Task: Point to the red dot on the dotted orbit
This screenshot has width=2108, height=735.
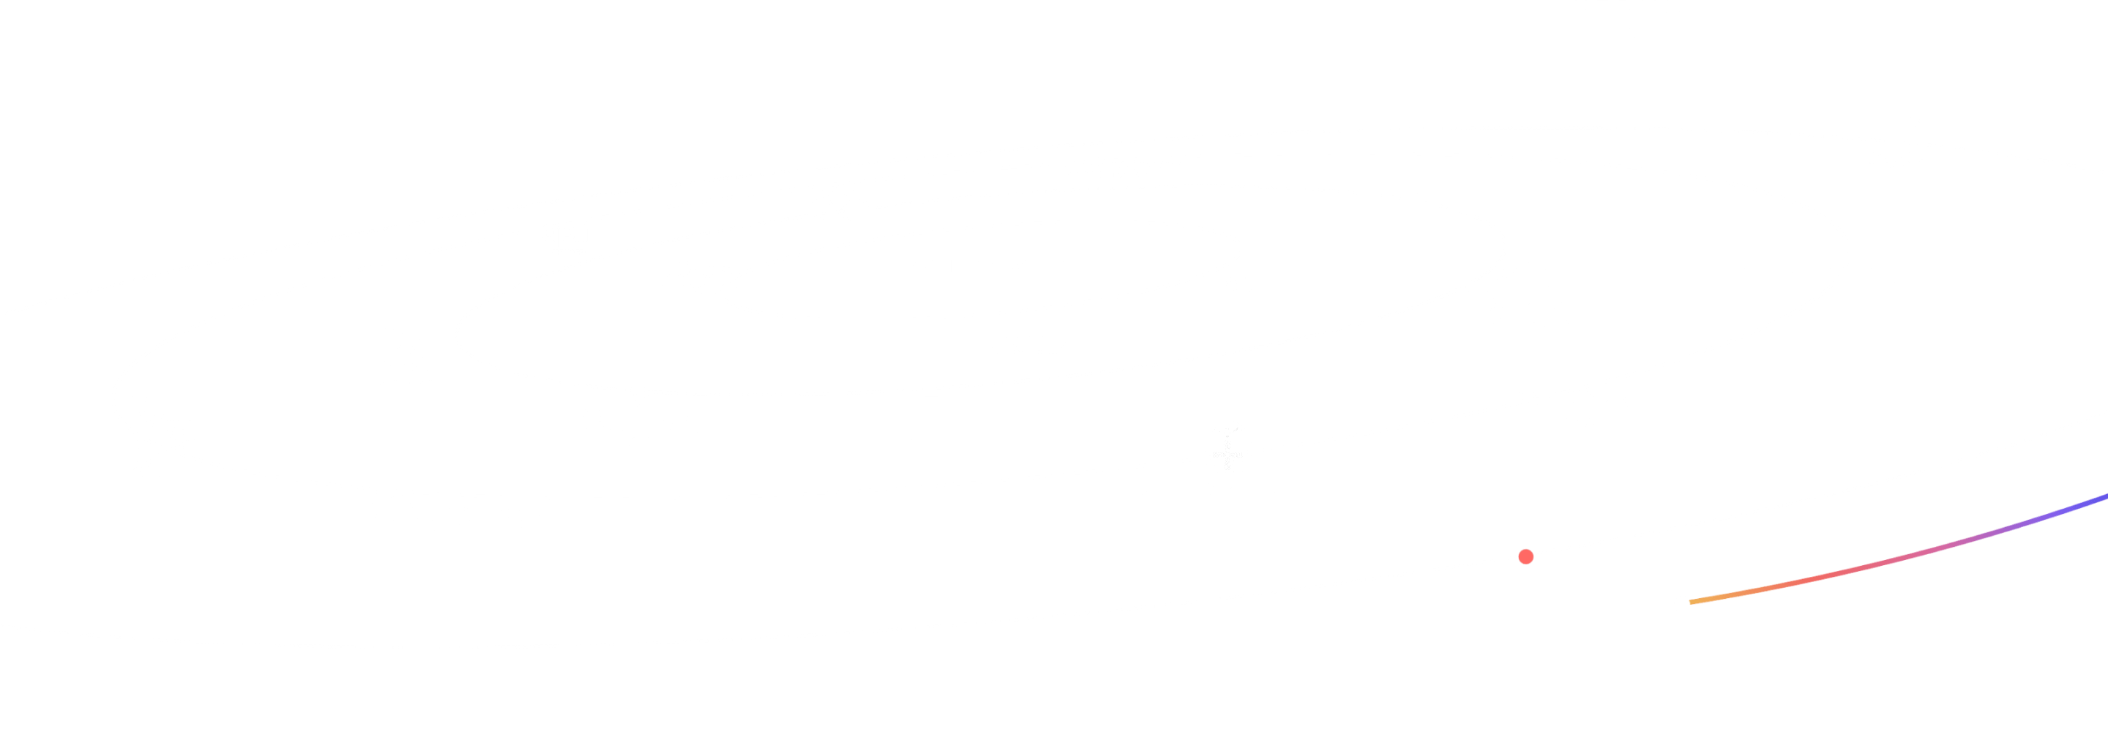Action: point(1525,556)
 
